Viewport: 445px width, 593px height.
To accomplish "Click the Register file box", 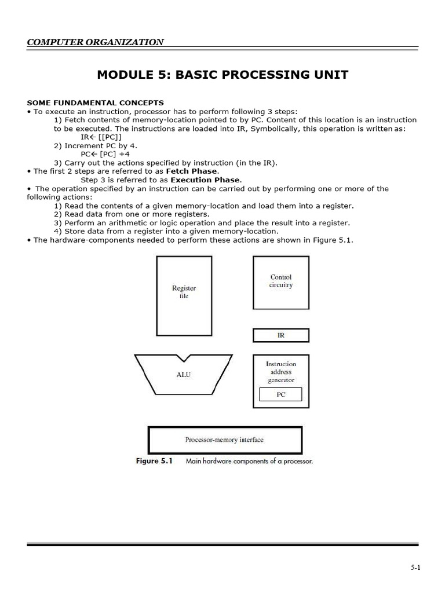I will [184, 295].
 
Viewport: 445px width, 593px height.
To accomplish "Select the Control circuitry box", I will [280, 283].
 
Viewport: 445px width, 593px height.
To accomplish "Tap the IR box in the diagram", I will [280, 335].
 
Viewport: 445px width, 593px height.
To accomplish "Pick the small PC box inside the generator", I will [281, 395].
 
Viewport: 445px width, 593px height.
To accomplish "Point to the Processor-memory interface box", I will [225, 440].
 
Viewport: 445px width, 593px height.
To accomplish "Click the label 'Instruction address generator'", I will [280, 372].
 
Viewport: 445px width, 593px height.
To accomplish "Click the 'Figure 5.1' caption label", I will [154, 462].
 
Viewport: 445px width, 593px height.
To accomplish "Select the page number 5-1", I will [415, 568].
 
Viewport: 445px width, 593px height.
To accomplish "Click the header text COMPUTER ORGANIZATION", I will [96, 42].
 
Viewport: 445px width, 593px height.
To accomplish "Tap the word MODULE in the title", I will [123, 75].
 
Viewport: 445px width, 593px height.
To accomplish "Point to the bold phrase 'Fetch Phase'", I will [192, 171].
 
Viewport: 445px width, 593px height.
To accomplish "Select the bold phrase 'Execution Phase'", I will [205, 180].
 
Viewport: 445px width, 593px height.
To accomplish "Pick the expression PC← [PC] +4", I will [105, 154].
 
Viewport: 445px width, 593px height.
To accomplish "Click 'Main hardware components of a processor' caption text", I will [249, 462].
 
